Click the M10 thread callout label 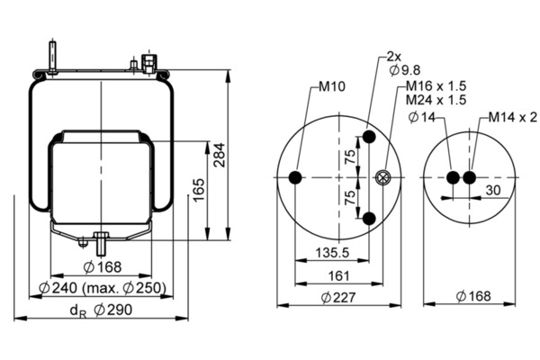coord(333,90)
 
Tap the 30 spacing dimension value coord(492,191)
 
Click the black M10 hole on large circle coord(296,178)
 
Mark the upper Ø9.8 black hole coord(369,139)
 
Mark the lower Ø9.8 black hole coord(369,218)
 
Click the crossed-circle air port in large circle coord(383,178)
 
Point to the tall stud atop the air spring coord(54,53)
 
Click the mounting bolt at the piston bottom coord(100,242)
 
